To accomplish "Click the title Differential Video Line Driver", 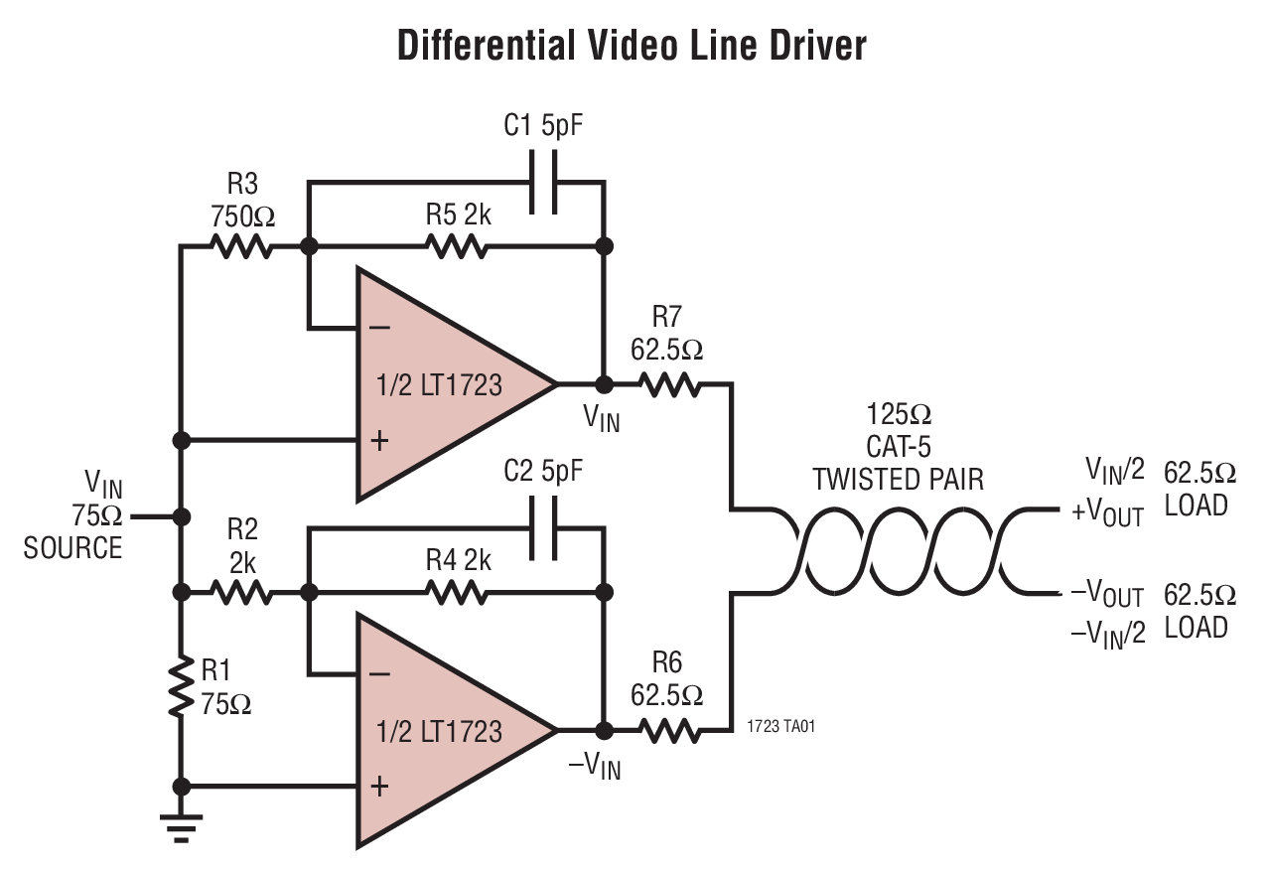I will point(632,47).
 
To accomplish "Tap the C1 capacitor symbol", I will point(543,182).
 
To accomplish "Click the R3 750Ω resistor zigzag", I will point(241,245).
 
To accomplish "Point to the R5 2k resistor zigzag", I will point(456,245).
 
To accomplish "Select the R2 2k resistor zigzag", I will point(241,593).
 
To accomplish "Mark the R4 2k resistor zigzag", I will point(456,593).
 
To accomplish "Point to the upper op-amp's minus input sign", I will point(378,327).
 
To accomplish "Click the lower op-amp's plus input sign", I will point(378,787).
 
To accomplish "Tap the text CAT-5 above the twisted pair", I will point(899,446).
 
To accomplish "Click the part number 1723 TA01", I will point(781,727).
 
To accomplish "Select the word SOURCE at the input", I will point(72,547).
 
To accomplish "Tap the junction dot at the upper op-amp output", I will point(603,383).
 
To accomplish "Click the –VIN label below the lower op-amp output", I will point(595,766).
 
